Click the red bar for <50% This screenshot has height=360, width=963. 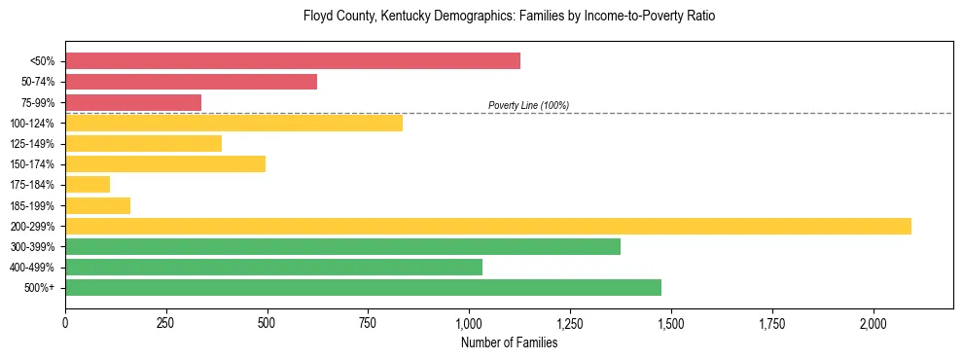[292, 61]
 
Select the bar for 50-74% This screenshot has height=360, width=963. [191, 82]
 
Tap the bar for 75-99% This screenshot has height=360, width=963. [133, 102]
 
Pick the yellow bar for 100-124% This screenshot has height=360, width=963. [233, 123]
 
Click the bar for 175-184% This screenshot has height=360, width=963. [88, 184]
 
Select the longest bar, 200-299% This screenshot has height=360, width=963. [487, 226]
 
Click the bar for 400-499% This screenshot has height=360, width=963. [273, 267]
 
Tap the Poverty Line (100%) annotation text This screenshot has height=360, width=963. [528, 105]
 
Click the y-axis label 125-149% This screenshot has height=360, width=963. [32, 144]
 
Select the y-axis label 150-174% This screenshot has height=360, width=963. [32, 164]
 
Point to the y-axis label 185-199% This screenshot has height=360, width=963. [32, 205]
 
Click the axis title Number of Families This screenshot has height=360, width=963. [509, 342]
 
